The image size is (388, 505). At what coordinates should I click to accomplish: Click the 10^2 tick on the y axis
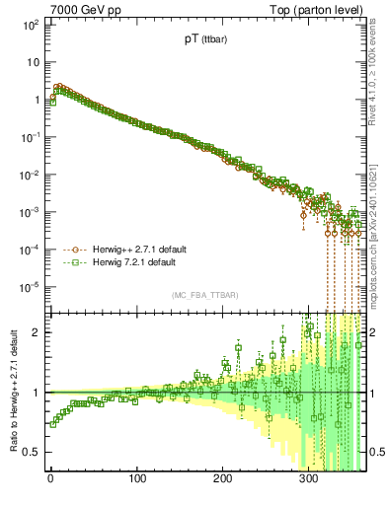tap(31, 24)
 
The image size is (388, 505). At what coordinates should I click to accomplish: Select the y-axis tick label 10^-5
tap(30, 287)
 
